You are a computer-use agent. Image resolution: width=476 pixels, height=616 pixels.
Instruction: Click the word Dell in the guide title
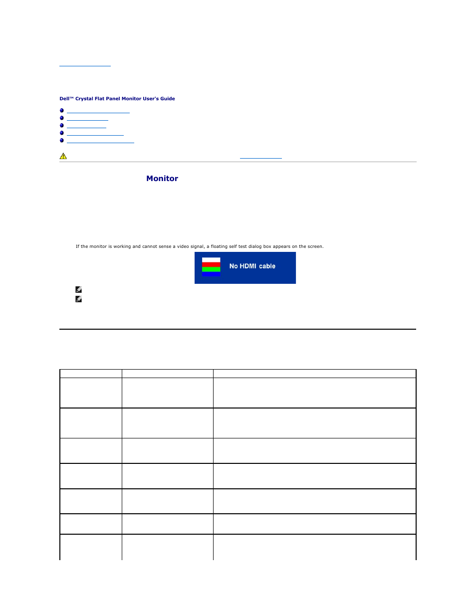[64, 99]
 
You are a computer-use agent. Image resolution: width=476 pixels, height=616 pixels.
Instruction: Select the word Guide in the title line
[168, 99]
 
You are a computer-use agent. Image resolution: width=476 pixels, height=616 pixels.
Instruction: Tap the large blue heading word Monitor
[162, 179]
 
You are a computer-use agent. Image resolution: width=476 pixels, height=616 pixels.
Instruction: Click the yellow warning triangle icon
[63, 156]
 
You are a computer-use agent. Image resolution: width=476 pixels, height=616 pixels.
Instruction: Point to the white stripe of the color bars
[211, 260]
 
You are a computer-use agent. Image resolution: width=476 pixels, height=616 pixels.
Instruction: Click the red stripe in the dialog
[211, 265]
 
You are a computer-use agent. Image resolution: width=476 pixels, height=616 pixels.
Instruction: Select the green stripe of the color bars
[211, 269]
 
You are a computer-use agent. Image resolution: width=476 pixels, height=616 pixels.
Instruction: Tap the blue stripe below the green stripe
[211, 274]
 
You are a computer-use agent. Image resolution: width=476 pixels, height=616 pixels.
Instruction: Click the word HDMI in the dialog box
[248, 266]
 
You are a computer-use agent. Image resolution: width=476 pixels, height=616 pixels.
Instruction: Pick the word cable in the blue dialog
[267, 266]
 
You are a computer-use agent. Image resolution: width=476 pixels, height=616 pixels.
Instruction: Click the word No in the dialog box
[234, 266]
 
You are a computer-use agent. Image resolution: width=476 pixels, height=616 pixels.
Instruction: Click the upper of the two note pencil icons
[78, 289]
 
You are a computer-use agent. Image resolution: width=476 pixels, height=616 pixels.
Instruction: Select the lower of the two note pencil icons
[78, 299]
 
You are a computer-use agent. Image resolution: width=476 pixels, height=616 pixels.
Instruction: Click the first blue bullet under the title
[62, 111]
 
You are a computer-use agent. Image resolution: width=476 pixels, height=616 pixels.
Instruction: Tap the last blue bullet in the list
[62, 141]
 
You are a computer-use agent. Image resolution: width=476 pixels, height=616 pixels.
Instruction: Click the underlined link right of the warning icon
[260, 157]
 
